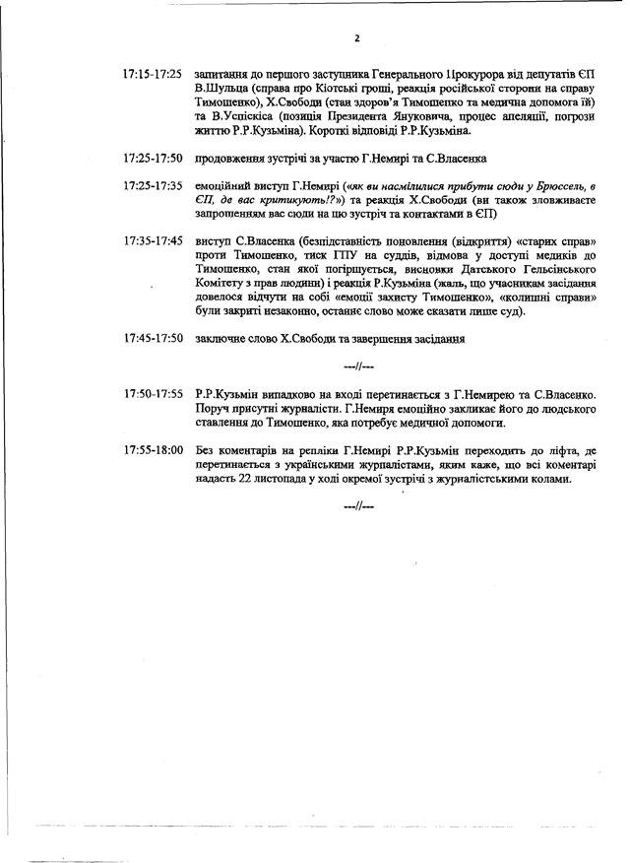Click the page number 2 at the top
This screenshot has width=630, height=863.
(357, 38)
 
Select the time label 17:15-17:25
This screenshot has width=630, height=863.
(153, 74)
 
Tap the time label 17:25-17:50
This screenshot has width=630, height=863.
(153, 158)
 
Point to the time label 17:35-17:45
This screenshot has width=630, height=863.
(153, 240)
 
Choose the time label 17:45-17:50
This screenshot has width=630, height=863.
(153, 338)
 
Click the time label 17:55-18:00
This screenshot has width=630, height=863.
(153, 450)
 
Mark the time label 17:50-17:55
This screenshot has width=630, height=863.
(153, 394)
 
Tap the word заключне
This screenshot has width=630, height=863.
(223, 338)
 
